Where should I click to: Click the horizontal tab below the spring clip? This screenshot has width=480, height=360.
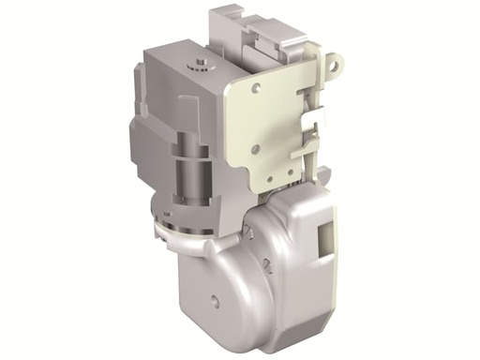(x=300, y=150)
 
